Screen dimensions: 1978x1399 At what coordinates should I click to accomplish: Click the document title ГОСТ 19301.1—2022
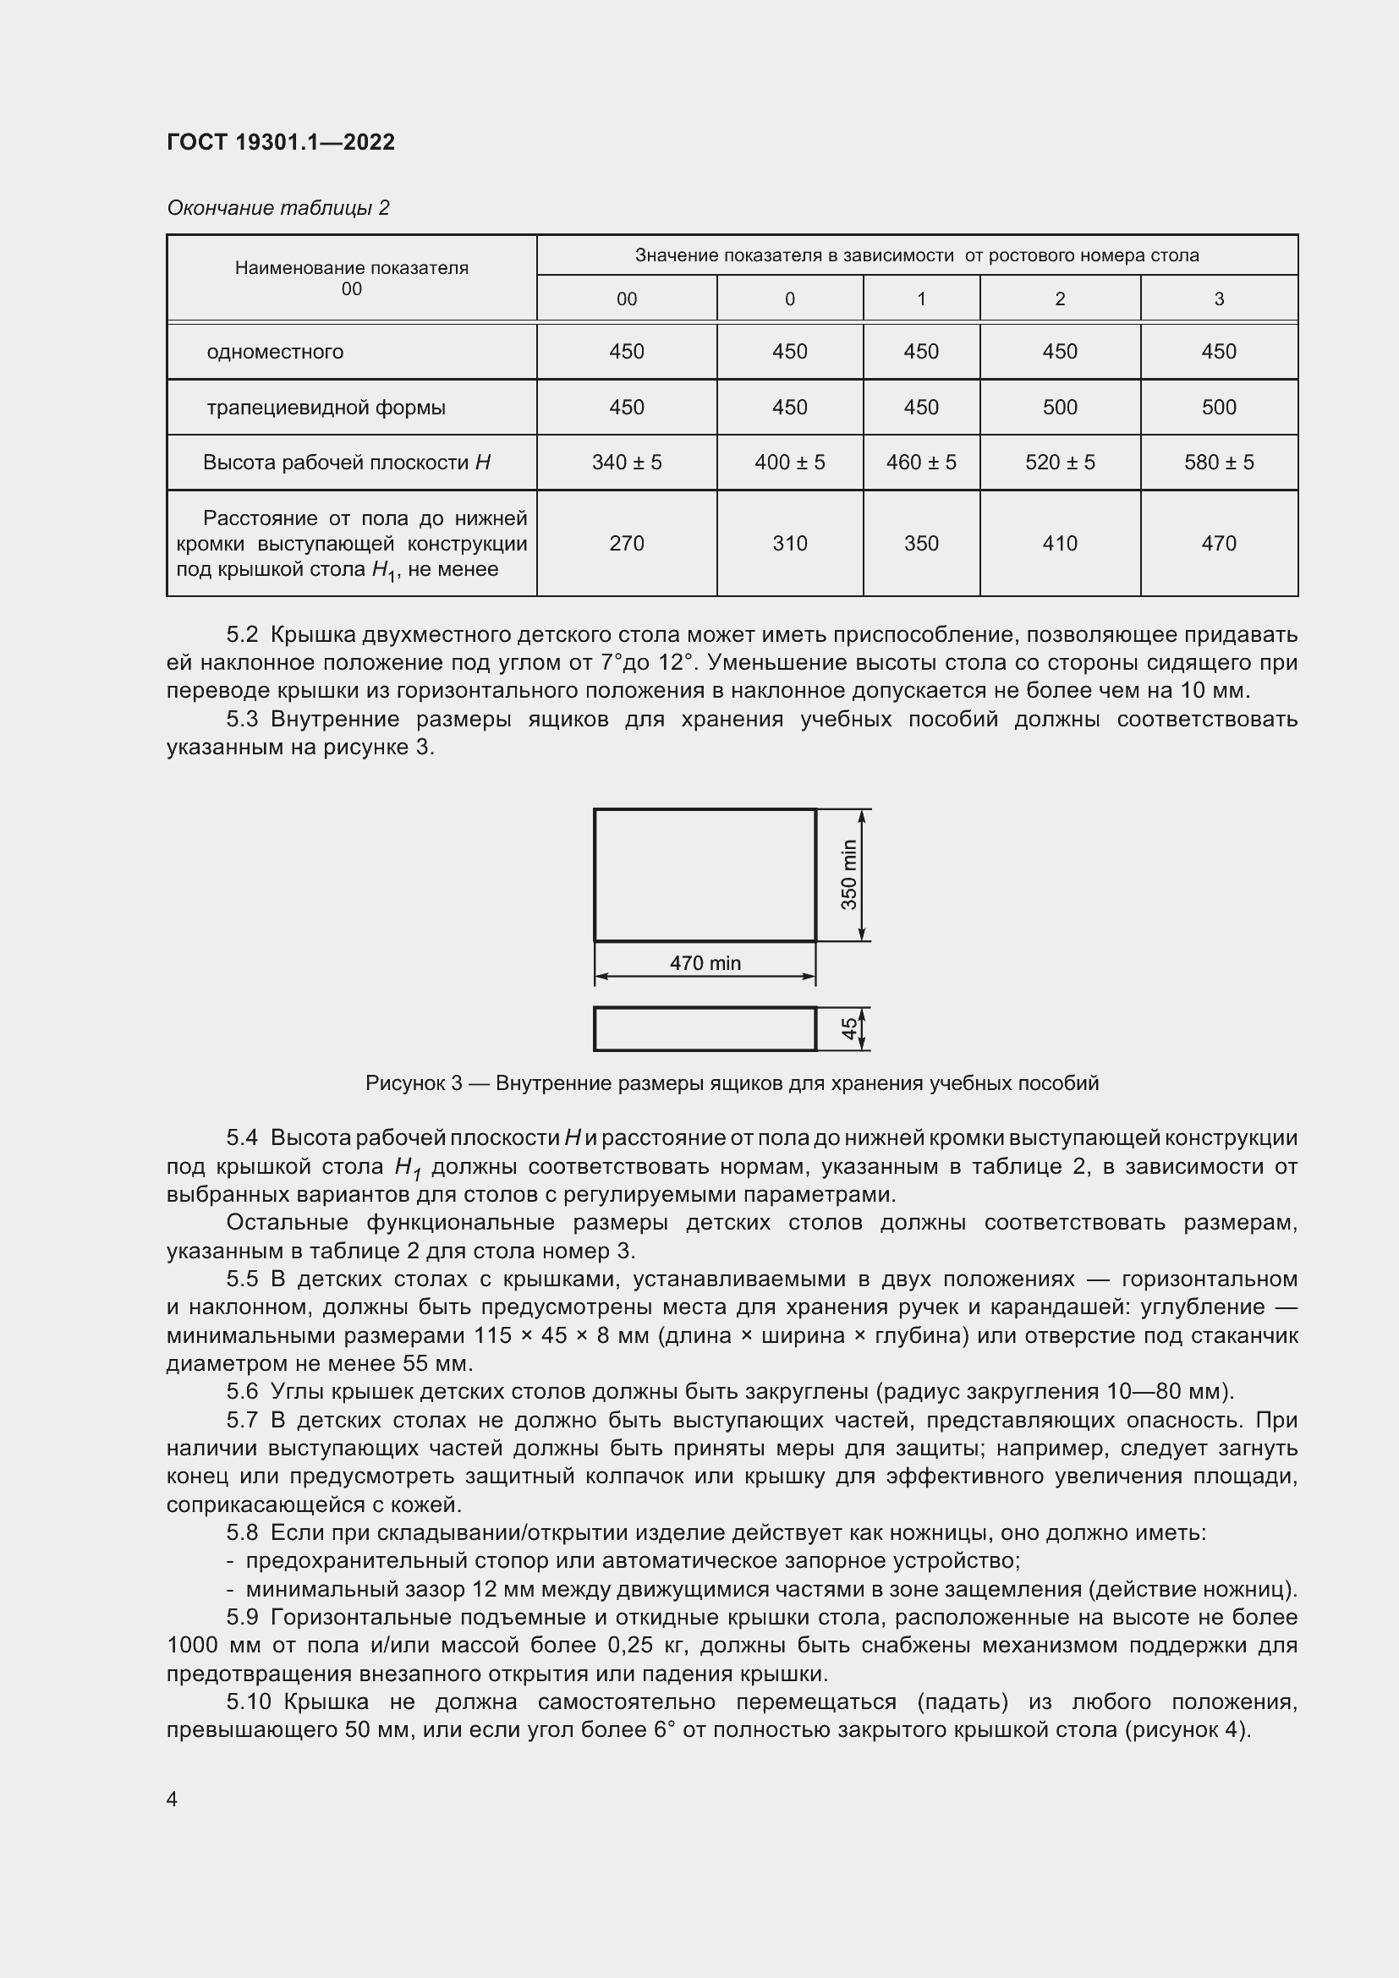281,142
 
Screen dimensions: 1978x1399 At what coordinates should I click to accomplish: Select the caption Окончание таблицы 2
277,208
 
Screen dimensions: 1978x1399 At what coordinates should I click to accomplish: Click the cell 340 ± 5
626,463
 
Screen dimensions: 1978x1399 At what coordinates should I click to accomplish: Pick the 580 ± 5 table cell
1218,463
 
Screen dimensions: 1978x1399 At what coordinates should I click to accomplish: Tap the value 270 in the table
626,544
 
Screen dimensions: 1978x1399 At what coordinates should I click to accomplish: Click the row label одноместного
275,352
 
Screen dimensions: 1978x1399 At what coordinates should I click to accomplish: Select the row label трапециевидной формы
326,408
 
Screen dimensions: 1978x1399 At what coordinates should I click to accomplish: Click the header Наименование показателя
352,268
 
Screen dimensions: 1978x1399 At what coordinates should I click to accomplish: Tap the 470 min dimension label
705,963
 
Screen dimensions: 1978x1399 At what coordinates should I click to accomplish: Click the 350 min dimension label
849,874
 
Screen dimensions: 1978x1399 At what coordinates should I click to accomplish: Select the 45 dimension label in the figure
849,1028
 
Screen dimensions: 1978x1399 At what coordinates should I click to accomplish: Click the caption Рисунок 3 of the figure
732,1083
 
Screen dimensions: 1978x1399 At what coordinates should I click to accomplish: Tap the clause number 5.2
242,635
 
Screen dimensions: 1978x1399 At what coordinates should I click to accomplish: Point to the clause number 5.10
248,1701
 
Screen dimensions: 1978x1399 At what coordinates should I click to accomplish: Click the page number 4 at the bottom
173,1799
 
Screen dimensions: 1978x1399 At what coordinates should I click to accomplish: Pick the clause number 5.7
242,1420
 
